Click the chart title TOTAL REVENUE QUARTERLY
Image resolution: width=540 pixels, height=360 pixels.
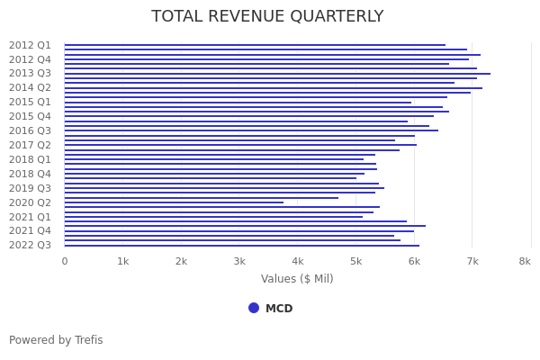[267, 17]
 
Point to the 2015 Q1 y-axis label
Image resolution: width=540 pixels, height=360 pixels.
[30, 102]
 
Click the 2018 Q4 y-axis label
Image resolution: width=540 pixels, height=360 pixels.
[30, 174]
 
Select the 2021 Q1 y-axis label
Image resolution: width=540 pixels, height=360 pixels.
[30, 217]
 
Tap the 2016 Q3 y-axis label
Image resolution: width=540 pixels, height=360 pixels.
[30, 130]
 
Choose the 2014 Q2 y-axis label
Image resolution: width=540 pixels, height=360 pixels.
[30, 87]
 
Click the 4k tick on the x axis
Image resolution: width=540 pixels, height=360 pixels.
[298, 261]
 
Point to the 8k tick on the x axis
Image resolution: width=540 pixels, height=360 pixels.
[525, 261]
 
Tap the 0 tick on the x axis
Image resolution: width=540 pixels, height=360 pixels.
[64, 261]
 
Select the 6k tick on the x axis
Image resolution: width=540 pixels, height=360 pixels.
[414, 261]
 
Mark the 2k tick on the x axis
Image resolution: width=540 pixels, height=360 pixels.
[181, 261]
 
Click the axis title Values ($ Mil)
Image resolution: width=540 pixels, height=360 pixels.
[297, 279]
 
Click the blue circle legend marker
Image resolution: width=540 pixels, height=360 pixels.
[254, 308]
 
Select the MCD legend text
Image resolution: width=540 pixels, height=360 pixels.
[279, 309]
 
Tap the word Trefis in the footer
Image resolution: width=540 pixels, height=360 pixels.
[88, 340]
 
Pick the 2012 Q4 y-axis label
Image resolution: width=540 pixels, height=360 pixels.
[30, 59]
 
